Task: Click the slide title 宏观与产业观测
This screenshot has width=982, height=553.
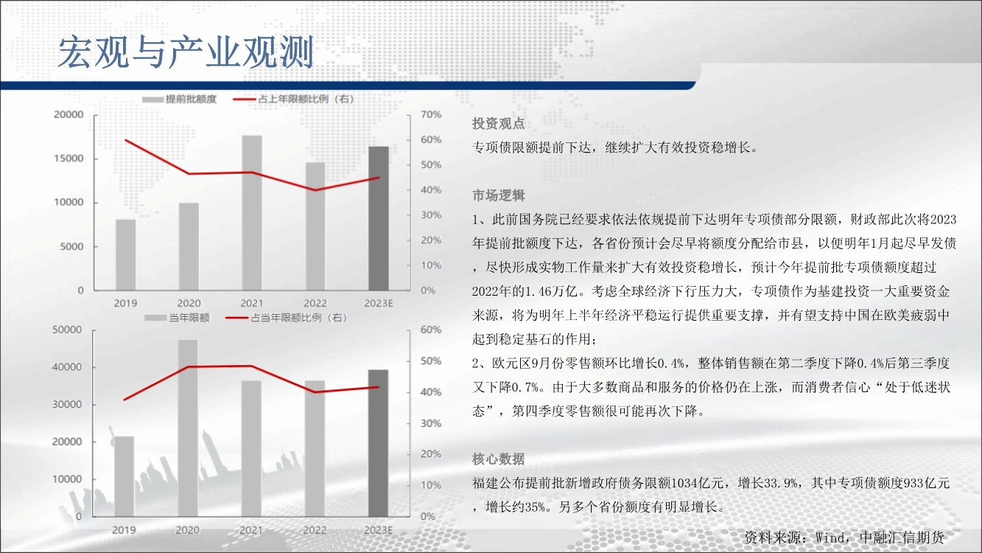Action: click(186, 52)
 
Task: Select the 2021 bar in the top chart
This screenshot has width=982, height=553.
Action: click(252, 213)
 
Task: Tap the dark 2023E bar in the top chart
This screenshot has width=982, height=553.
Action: click(379, 218)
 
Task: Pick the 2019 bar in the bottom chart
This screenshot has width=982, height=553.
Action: click(124, 476)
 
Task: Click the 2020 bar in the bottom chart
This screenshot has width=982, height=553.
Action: click(188, 428)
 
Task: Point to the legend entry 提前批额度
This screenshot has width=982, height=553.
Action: click(179, 100)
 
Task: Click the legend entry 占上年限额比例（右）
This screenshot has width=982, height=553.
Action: click(293, 100)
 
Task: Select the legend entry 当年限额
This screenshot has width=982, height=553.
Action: click(178, 318)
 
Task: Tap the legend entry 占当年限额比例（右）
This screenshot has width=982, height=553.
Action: click(287, 318)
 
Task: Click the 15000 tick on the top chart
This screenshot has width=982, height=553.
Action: click(69, 159)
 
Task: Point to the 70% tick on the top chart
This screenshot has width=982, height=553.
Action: click(431, 114)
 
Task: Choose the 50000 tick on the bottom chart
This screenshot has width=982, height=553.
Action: click(67, 330)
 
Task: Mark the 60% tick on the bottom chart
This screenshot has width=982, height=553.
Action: click(430, 330)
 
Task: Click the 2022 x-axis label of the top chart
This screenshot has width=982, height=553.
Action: click(315, 303)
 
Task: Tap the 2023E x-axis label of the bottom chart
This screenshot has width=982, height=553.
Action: click(379, 530)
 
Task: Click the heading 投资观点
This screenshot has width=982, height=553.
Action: click(499, 124)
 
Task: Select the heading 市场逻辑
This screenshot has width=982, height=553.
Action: click(499, 195)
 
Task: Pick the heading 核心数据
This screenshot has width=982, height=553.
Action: click(499, 459)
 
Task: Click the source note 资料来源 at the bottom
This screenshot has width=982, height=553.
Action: click(844, 538)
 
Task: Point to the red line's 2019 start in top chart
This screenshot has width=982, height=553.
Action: click(126, 140)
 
